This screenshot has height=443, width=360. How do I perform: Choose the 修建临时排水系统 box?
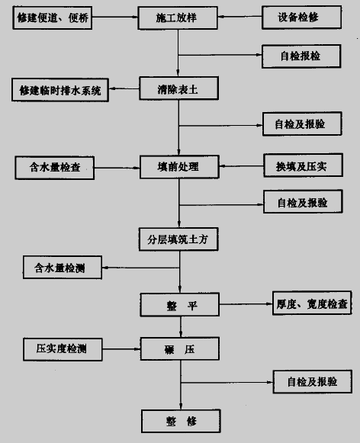(59, 90)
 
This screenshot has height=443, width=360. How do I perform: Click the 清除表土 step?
(179, 89)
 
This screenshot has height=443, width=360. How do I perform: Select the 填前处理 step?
(179, 165)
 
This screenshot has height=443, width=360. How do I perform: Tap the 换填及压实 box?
(301, 165)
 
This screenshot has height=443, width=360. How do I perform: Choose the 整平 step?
(179, 304)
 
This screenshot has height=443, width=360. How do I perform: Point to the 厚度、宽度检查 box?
(310, 304)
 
